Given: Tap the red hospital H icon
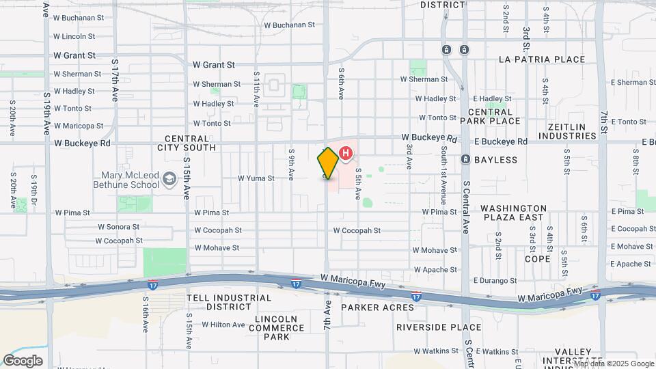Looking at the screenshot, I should coord(346,154).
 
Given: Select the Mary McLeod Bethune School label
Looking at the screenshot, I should coord(131,179).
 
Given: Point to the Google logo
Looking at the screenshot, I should coord(23,360).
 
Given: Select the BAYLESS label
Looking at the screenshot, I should coord(498,160).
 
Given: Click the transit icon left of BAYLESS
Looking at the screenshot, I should coord(465,159).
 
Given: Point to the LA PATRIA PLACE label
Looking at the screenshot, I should coord(542,59).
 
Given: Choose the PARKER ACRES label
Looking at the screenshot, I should coord(378,307).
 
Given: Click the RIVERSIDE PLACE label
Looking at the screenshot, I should coord(439,327).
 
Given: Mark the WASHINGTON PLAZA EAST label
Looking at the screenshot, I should coord(513,213).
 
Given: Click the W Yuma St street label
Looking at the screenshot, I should coord(256,178).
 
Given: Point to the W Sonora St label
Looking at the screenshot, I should coord(118,227).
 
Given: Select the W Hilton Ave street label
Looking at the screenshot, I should coord(222,325).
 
